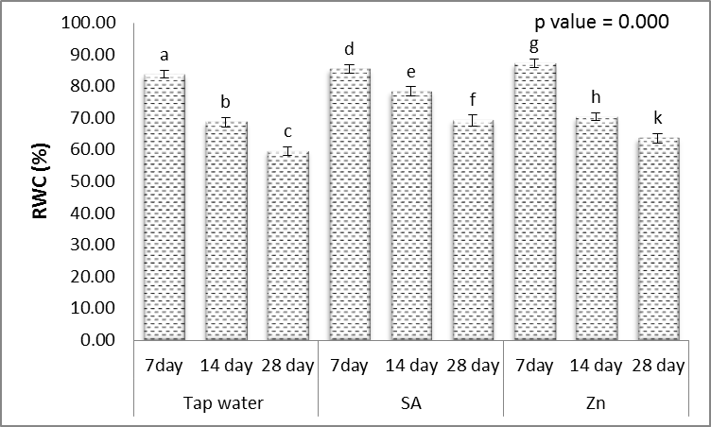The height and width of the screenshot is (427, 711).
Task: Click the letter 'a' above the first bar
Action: click(x=164, y=56)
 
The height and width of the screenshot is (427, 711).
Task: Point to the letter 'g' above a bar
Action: click(x=534, y=45)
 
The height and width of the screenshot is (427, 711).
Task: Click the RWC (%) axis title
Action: click(x=38, y=180)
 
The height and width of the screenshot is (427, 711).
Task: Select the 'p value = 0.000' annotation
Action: click(x=602, y=22)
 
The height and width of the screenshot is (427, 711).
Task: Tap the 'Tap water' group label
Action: click(x=225, y=403)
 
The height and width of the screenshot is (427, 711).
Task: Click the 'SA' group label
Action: click(x=410, y=403)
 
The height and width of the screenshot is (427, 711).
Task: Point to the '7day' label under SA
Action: click(x=349, y=365)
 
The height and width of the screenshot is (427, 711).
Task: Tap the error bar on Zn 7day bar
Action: click(x=534, y=63)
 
